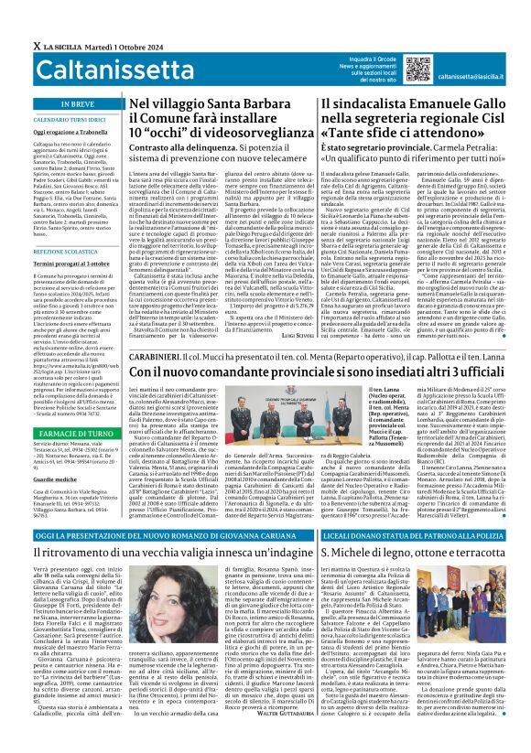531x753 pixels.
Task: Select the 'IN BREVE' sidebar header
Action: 64,104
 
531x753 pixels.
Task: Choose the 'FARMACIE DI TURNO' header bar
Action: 64,406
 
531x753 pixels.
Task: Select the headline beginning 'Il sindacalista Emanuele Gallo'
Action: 418,106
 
